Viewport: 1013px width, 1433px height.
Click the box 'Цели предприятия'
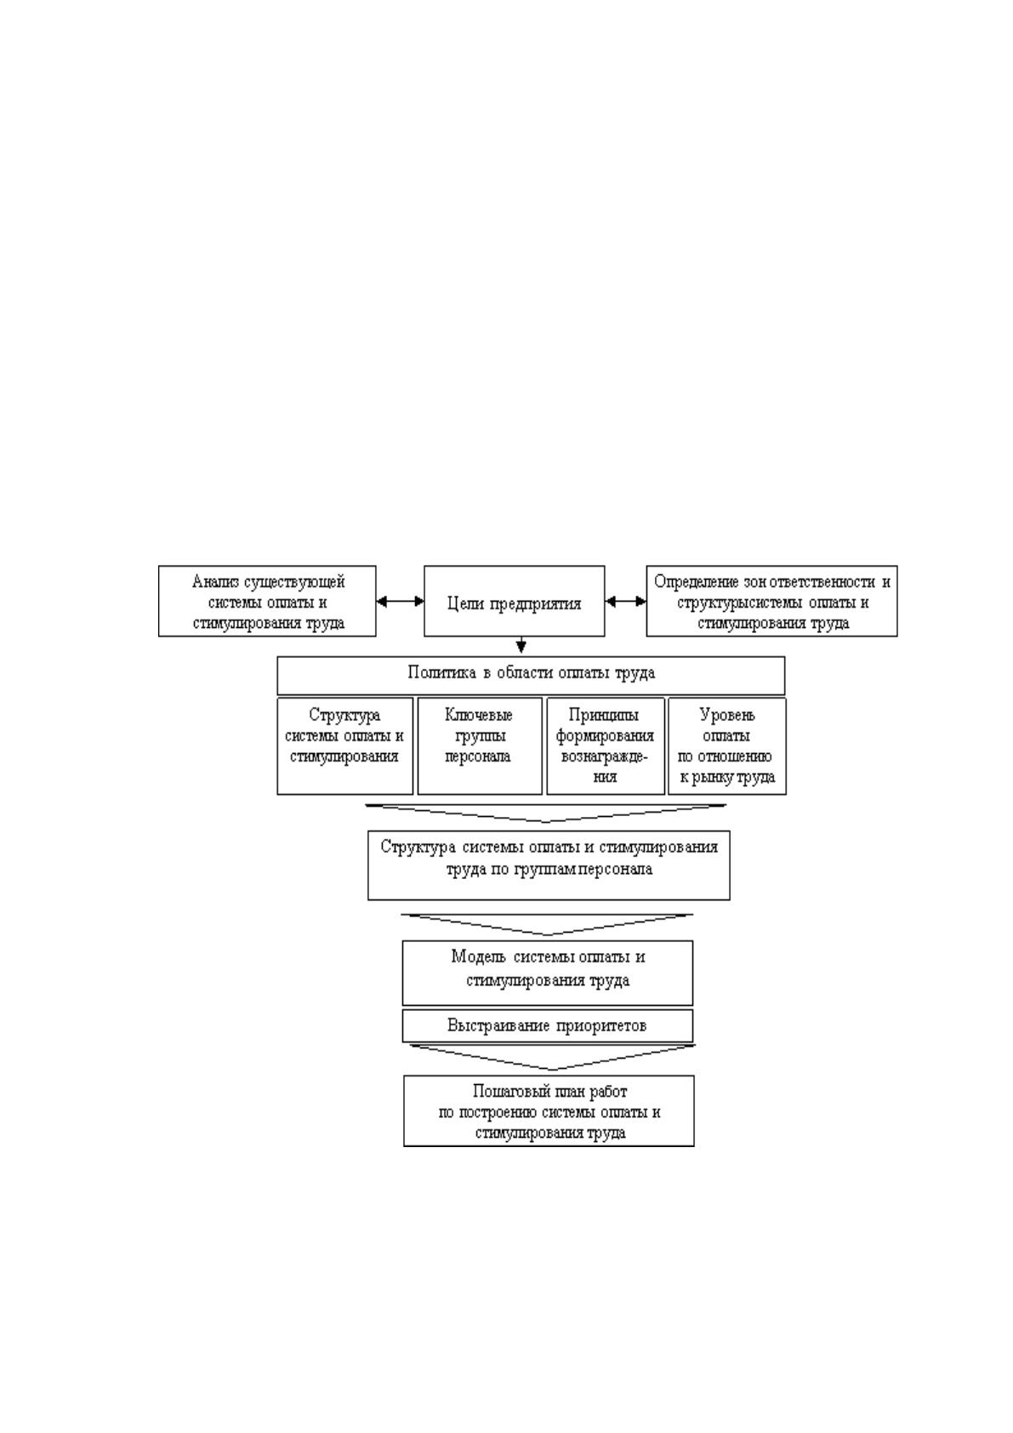tap(514, 601)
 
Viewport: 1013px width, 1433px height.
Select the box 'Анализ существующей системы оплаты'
tap(267, 601)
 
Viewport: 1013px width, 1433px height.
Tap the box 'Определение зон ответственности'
tap(771, 601)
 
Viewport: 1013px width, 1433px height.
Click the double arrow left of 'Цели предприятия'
tap(400, 602)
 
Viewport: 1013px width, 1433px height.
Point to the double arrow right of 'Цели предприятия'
tap(625, 602)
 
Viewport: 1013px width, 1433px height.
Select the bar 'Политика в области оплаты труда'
tap(530, 676)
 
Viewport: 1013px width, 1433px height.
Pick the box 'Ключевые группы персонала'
tap(480, 746)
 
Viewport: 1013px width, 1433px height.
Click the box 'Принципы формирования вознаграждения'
tap(605, 746)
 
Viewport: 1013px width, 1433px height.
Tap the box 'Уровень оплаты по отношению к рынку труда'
tap(726, 746)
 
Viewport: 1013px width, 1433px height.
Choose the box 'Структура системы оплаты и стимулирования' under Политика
tap(344, 746)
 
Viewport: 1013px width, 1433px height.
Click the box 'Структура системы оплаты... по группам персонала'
tap(548, 865)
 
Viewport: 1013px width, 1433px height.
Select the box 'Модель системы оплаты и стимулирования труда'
tap(547, 973)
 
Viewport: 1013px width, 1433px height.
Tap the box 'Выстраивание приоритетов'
tap(547, 1025)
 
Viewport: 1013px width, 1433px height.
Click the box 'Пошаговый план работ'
tap(548, 1110)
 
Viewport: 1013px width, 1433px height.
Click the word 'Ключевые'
tap(478, 715)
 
